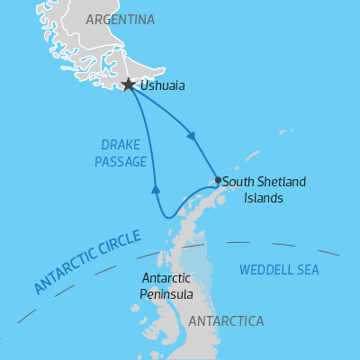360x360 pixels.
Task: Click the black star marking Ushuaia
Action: (x=129, y=85)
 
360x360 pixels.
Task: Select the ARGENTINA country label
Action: (x=120, y=20)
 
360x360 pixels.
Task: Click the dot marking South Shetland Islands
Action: (x=218, y=180)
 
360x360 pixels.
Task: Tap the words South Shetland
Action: (x=264, y=182)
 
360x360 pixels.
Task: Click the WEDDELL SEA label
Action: (x=278, y=269)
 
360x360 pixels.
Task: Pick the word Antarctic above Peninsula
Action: (x=166, y=278)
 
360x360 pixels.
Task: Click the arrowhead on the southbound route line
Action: (x=192, y=137)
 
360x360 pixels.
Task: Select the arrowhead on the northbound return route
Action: (x=156, y=189)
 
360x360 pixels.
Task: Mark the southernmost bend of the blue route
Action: (x=166, y=217)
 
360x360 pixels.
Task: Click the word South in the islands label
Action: (x=237, y=182)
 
